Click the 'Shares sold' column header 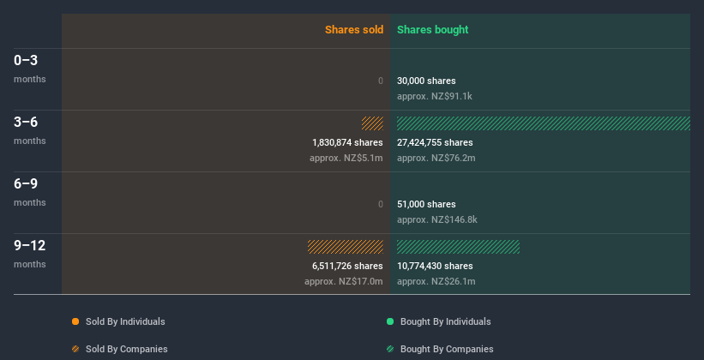pos(353,30)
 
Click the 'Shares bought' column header pos(432,30)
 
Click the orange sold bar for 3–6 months pos(372,123)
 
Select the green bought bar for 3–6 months pos(543,123)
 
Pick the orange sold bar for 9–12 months pos(346,247)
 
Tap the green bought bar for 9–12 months pos(458,247)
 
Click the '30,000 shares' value pos(426,81)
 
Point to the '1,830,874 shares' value pos(347,142)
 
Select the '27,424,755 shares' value pos(435,142)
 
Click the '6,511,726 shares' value pos(347,266)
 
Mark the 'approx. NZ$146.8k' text pos(437,219)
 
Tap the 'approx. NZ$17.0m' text pos(344,281)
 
